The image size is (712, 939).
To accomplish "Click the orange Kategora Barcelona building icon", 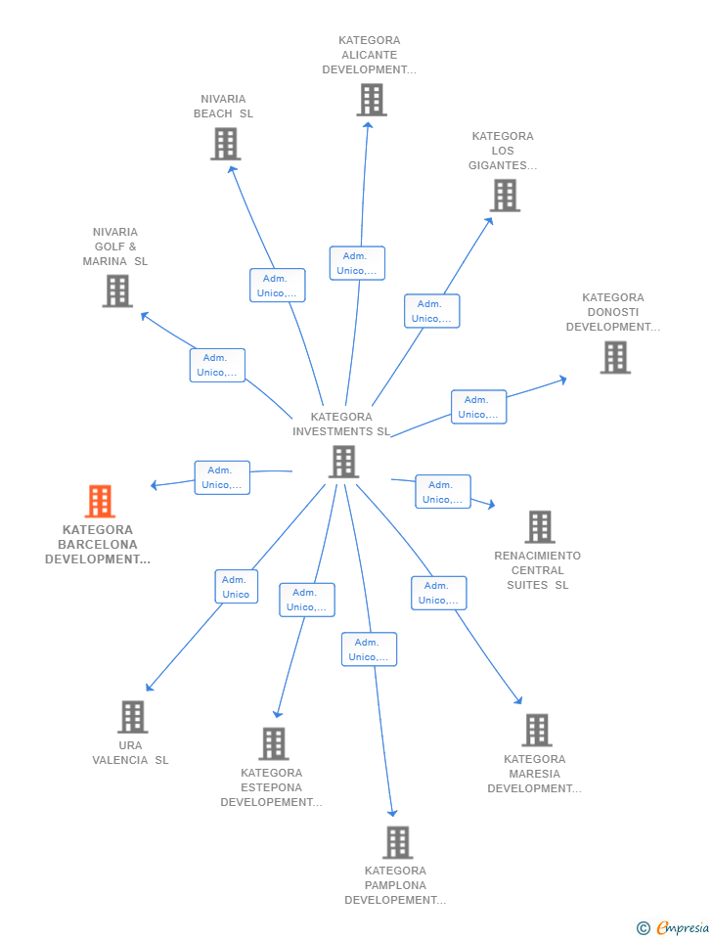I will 100,501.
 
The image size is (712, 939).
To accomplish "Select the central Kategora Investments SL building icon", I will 343,462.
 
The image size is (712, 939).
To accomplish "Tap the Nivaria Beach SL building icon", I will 225,144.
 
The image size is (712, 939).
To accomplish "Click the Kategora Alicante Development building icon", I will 371,100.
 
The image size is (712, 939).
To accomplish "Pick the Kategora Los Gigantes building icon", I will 505,196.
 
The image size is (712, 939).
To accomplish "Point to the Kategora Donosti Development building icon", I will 615,357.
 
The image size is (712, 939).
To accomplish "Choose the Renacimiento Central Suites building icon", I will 539,526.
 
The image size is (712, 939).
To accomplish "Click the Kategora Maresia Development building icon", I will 536,730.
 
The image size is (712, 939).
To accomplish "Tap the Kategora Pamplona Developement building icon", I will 397,842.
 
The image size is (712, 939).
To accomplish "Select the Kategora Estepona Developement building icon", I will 274,743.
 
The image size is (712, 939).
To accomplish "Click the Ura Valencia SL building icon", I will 132,716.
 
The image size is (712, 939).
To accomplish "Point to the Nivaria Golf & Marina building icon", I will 117,291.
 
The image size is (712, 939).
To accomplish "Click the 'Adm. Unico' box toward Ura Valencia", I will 236,587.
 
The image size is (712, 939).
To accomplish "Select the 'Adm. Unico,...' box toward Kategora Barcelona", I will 222,477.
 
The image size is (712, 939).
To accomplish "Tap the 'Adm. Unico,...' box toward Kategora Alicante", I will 357,263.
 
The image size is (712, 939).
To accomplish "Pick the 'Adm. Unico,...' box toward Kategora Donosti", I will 478,407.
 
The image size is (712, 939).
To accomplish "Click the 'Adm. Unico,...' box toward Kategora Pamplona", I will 369,649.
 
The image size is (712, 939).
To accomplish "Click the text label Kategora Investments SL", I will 341,424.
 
